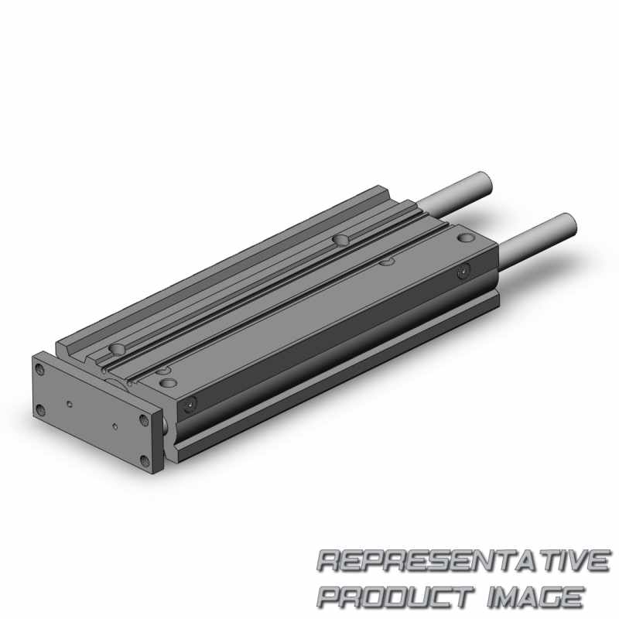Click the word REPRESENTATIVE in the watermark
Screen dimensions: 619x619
(x=463, y=560)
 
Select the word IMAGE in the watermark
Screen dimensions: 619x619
(x=535, y=597)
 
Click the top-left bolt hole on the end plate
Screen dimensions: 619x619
(x=39, y=370)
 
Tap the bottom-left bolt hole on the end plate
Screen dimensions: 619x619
(x=40, y=410)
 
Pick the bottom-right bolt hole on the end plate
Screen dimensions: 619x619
(x=145, y=460)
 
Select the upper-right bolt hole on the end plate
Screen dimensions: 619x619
(x=144, y=419)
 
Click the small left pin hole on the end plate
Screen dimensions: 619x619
(x=70, y=404)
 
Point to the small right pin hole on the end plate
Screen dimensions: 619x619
(x=115, y=426)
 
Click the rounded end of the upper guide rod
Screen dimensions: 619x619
(x=485, y=183)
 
